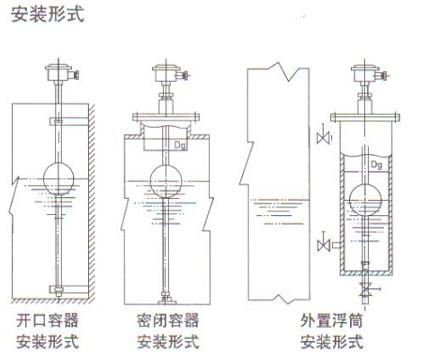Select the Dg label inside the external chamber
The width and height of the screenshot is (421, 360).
coord(377,166)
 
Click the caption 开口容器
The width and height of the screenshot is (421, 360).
coord(48,320)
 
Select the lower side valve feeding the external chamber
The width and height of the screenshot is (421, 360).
coord(325,241)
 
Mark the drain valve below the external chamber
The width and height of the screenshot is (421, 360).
coord(364,292)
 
